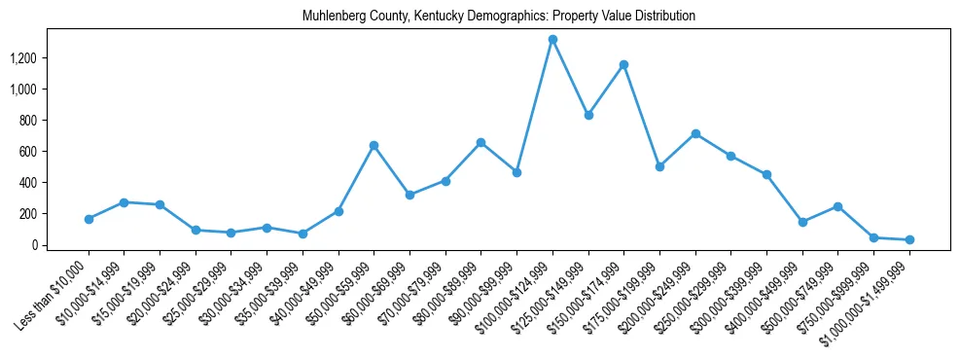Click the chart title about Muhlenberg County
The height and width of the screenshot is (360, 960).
click(x=499, y=17)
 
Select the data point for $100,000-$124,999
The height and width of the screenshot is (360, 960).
click(x=552, y=39)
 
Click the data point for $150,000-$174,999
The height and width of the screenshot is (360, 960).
click(x=623, y=64)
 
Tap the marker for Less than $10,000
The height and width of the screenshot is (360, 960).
click(x=89, y=219)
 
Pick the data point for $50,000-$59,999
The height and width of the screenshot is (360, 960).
click(x=373, y=145)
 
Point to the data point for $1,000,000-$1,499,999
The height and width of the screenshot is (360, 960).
click(x=909, y=239)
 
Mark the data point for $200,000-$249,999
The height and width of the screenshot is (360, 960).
click(x=695, y=133)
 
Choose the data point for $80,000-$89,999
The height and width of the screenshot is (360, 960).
click(x=480, y=142)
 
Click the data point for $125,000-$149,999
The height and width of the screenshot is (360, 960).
click(x=588, y=115)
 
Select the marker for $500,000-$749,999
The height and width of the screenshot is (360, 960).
click(x=837, y=206)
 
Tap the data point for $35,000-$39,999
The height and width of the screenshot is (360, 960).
click(x=302, y=234)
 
